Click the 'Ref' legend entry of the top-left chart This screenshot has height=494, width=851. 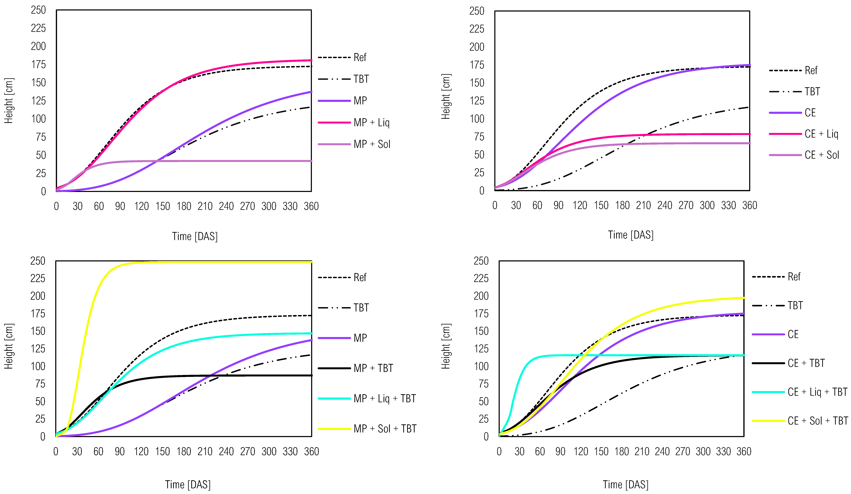[360, 58]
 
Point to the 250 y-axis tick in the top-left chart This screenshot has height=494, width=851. [38, 10]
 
